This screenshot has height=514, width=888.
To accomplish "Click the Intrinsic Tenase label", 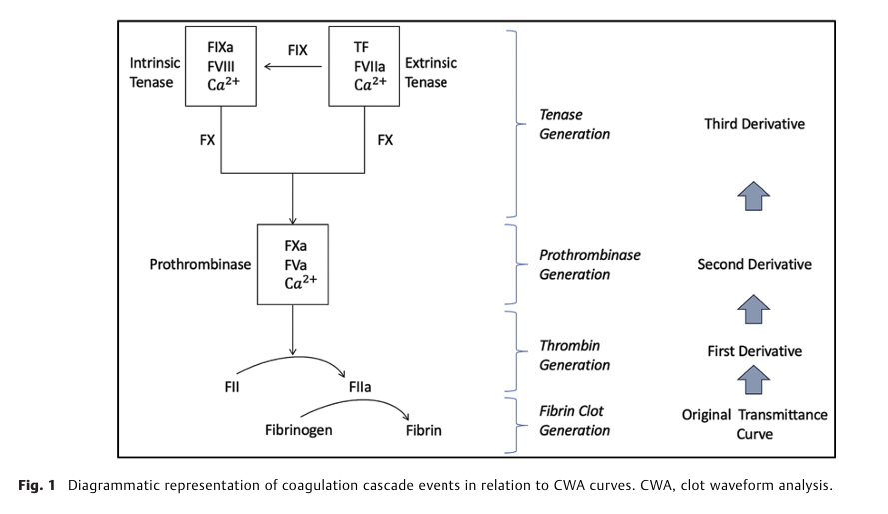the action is point(155,73).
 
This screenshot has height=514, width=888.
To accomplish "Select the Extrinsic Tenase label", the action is point(431,73).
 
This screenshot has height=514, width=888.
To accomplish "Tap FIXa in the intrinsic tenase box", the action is point(220,47).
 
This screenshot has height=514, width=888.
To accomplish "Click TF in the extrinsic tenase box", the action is point(361,47).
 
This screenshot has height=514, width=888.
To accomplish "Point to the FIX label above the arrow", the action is point(298,50).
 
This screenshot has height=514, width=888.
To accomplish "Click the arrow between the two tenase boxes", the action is point(293,66).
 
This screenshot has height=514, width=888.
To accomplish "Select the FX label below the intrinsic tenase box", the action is point(208,139).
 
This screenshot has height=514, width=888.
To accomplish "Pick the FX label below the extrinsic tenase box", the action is point(385,139).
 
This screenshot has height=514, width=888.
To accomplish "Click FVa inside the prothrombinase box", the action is point(295,265).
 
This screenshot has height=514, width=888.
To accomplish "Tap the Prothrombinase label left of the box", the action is point(200,264).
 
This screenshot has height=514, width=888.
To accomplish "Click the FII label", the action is point(232,387).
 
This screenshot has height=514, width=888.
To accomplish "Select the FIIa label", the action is point(360,387).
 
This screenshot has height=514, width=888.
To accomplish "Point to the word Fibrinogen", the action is point(299,430).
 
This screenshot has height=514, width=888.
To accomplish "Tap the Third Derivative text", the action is point(754,124).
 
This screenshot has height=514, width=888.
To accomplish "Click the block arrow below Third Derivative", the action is point(754,196).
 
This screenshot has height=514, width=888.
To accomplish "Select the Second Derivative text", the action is point(754,265).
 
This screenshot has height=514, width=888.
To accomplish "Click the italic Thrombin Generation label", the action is point(574,355).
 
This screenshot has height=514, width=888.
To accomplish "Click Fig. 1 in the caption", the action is point(37,486).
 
